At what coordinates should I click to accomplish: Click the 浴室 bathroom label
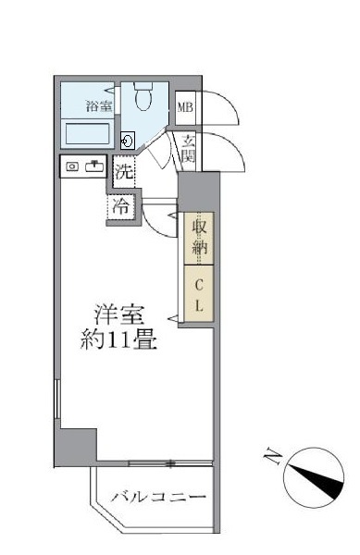tap(99, 106)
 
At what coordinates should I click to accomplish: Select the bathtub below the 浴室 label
tap(88, 134)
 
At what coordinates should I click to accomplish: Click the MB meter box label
tap(185, 107)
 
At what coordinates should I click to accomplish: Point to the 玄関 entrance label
tap(188, 149)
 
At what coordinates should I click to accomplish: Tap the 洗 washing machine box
tap(124, 170)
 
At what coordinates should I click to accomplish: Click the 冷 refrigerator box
tap(121, 206)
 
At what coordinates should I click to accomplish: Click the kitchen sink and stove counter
tap(84, 167)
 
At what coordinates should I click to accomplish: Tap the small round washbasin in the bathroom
tap(128, 141)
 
